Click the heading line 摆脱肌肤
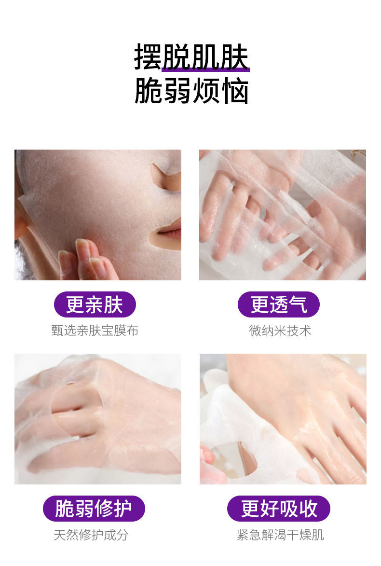coord(191,57)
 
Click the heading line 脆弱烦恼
coord(191,91)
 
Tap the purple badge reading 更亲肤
coord(95,304)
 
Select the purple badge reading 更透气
coord(279,304)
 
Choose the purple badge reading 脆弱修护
coord(94,508)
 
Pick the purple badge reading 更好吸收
coord(279,508)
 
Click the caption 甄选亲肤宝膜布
coord(95,330)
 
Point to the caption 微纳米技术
coord(280,330)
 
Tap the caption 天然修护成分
coord(91,535)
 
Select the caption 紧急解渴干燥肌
coord(280,535)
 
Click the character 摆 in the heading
coord(148,57)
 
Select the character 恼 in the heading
coord(235,91)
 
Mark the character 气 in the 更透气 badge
coord(298,304)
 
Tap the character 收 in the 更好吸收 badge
coord(308,508)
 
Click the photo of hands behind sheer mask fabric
coord(283,215)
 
